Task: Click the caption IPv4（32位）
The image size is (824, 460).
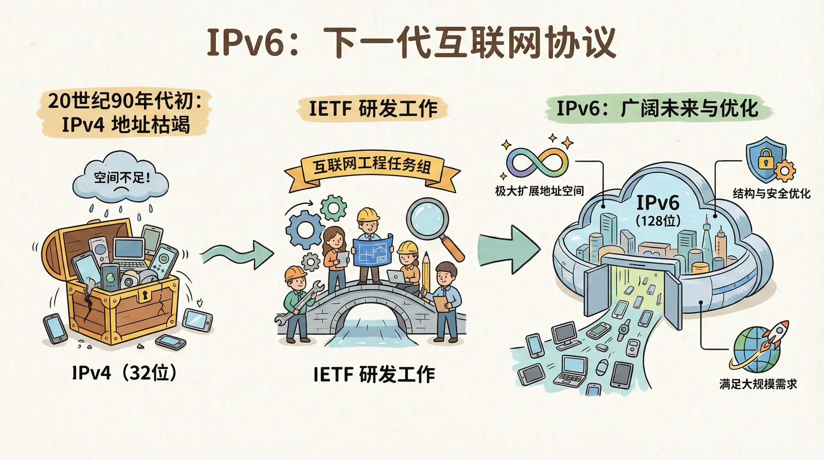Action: [x=124, y=373]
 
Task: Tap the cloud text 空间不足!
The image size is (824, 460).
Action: [x=122, y=177]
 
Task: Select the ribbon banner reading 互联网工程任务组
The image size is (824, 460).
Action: [x=372, y=166]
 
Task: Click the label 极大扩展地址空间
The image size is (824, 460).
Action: [x=539, y=191]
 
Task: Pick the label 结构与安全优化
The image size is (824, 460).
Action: [x=771, y=194]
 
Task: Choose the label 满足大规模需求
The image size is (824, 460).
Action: [x=758, y=384]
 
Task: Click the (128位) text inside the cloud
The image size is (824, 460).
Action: [x=658, y=221]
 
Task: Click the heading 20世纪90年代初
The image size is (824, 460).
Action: [x=124, y=101]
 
